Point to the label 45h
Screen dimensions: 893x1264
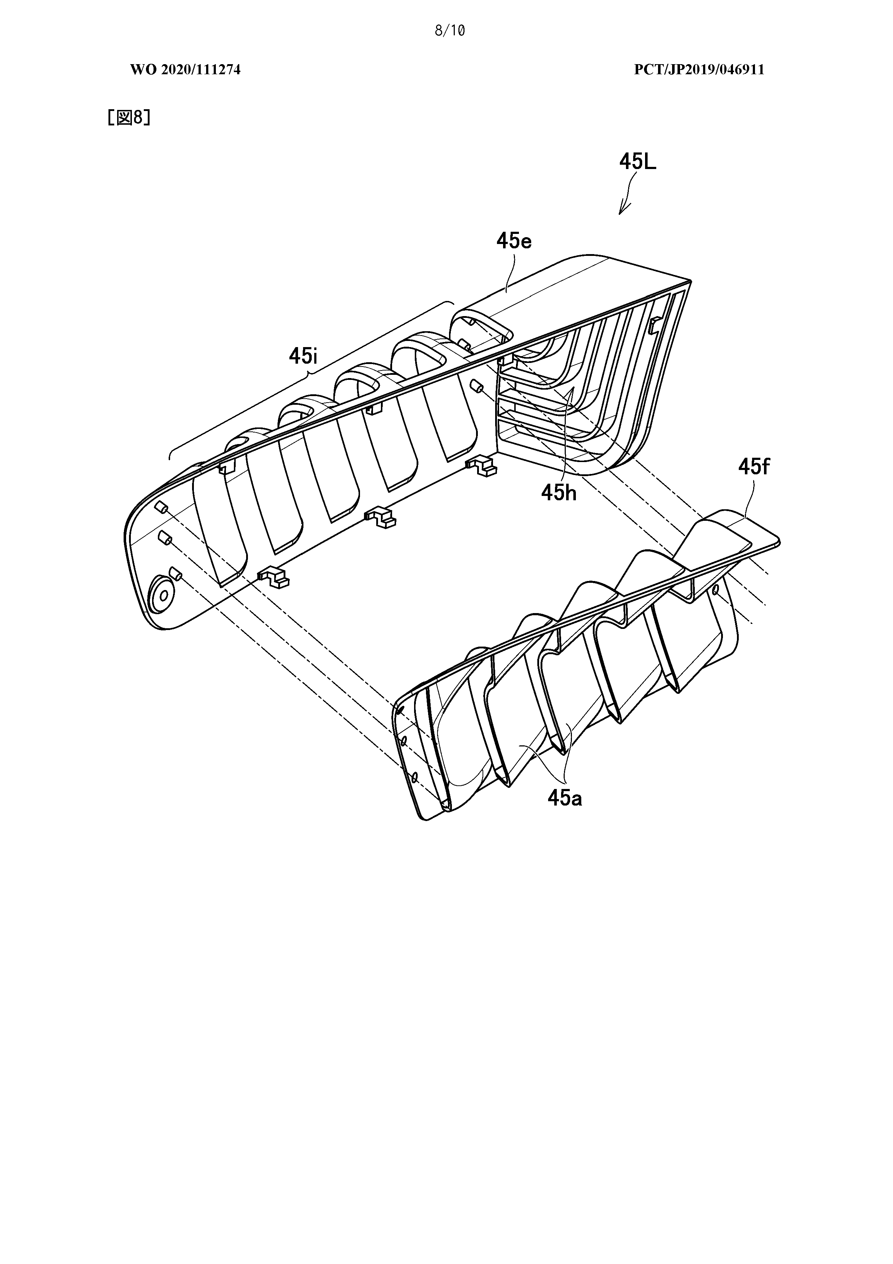click(x=559, y=492)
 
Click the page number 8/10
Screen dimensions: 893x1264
click(x=450, y=31)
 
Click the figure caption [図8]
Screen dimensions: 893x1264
click(x=129, y=117)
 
